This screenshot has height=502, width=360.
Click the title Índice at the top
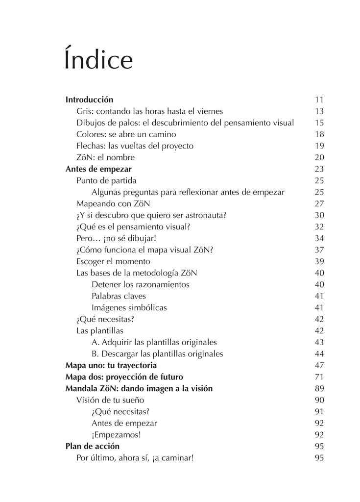tap(98, 60)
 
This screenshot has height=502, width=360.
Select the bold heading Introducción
tap(89, 100)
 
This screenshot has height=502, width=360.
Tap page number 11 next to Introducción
tap(319, 100)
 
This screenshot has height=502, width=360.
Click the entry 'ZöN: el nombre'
tap(105, 157)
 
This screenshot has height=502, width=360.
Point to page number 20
tap(319, 157)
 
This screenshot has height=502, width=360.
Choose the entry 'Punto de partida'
tap(106, 180)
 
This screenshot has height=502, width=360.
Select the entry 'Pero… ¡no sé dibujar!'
tap(116, 238)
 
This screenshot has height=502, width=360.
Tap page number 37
tap(319, 250)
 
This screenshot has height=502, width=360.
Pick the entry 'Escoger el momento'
tap(113, 261)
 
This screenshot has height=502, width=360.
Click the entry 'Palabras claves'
tap(119, 296)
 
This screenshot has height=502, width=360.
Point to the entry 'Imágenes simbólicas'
tap(129, 308)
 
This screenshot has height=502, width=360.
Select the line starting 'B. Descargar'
tap(157, 354)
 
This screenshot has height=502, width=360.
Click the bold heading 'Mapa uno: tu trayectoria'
tap(111, 366)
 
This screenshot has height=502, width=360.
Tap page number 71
tap(319, 377)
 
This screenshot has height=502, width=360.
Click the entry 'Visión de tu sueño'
tap(110, 400)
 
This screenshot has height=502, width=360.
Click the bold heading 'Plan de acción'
tap(93, 447)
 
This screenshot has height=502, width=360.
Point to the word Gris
tap(84, 111)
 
